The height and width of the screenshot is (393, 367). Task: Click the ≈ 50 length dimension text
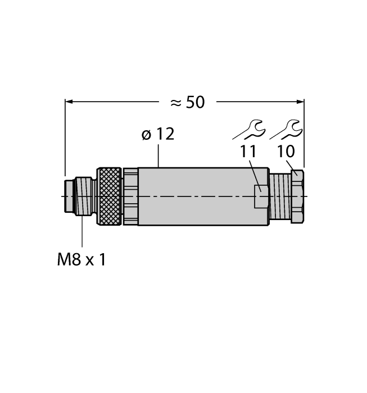pyautogui.click(x=187, y=102)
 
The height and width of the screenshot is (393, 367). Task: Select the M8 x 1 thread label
pyautogui.click(x=81, y=260)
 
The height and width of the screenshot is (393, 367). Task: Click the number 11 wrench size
pyautogui.click(x=248, y=152)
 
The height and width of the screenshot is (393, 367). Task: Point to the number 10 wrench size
pyautogui.click(x=286, y=152)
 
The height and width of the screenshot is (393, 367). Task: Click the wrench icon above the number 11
pyautogui.click(x=250, y=130)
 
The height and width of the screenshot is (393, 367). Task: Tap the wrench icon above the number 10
pyautogui.click(x=287, y=130)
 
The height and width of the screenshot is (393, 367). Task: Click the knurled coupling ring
pyautogui.click(x=110, y=196)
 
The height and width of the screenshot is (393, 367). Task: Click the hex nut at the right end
pyautogui.click(x=297, y=196)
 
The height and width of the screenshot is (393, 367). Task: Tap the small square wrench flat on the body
pyautogui.click(x=261, y=196)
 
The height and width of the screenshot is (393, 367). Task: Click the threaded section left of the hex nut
pyautogui.click(x=279, y=196)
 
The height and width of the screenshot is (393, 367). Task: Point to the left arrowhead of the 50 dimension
pyautogui.click(x=69, y=102)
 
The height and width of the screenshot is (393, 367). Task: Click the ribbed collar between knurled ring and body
pyautogui.click(x=130, y=196)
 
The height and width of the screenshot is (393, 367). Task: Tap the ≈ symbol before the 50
pyautogui.click(x=176, y=103)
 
